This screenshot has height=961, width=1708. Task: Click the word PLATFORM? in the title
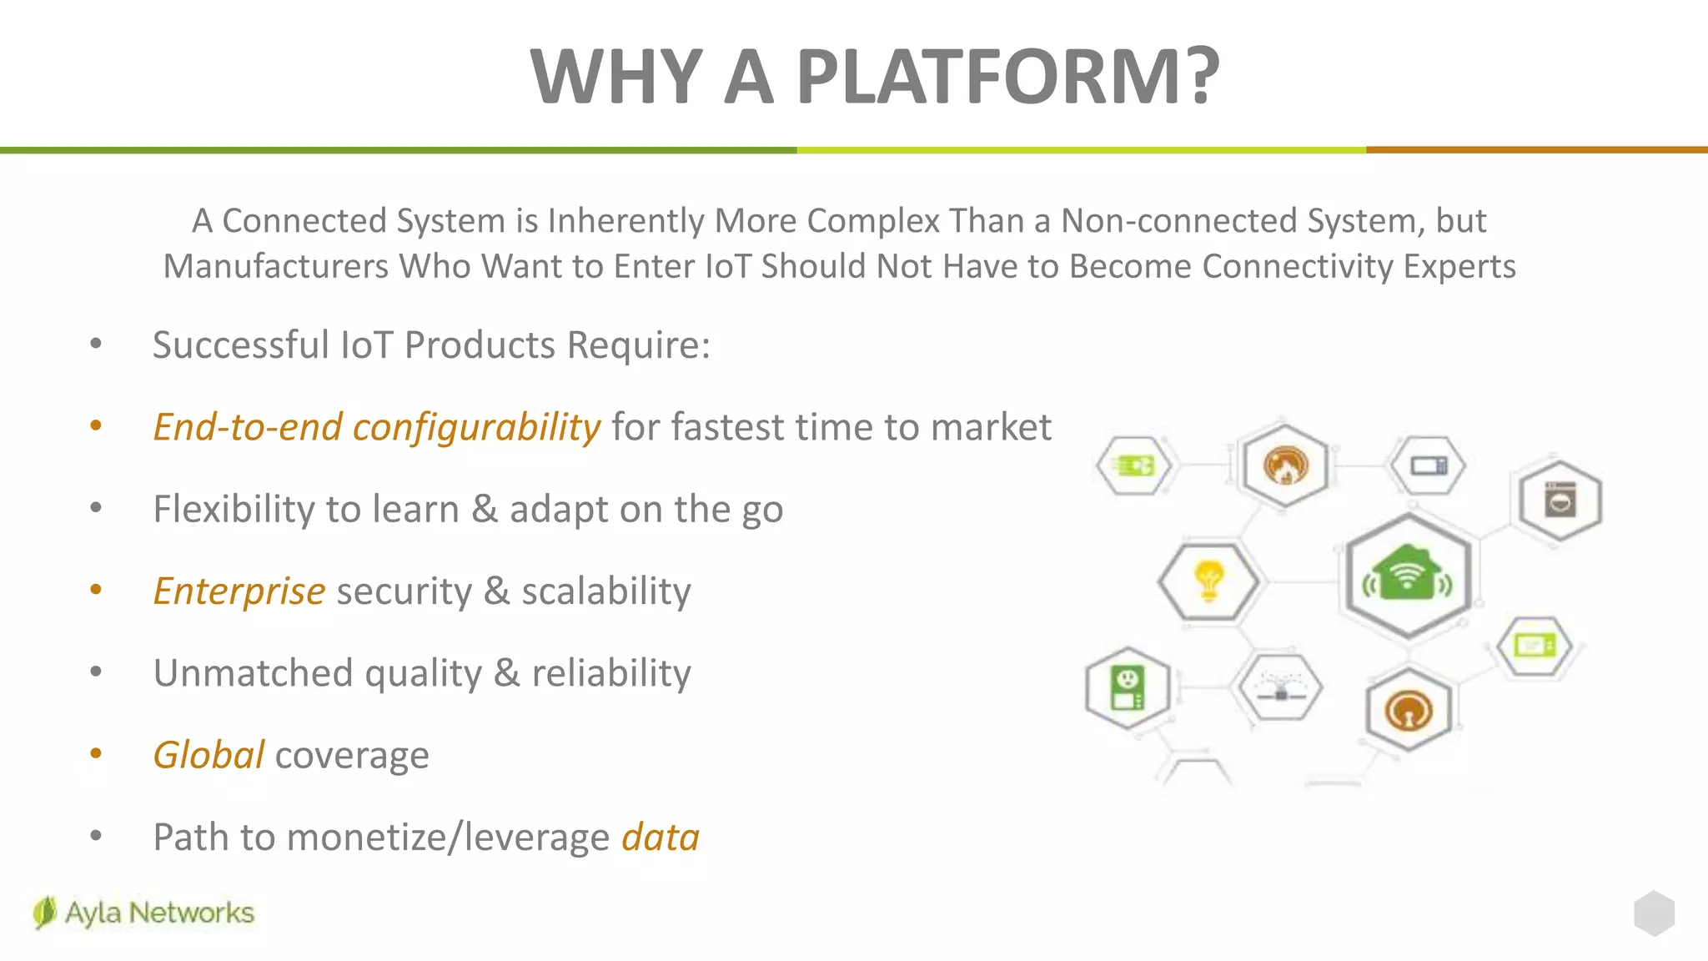(x=1007, y=77)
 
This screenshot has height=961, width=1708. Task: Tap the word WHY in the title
(x=616, y=77)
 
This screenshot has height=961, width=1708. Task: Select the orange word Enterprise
(x=239, y=591)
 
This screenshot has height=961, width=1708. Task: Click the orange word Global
(x=209, y=755)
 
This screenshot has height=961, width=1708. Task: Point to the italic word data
(x=661, y=837)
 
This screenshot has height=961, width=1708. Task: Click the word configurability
(x=476, y=427)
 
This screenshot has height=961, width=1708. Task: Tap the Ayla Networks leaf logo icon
(x=44, y=913)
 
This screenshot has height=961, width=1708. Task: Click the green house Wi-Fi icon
(x=1409, y=575)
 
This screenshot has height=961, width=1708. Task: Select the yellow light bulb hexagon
(x=1209, y=581)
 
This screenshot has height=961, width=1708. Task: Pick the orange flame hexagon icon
(x=1285, y=465)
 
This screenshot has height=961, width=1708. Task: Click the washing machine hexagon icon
(x=1560, y=501)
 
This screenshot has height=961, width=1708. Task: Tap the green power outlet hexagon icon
(x=1128, y=688)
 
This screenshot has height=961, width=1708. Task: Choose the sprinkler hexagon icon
(x=1281, y=688)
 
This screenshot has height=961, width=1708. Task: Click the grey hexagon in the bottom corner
(x=1654, y=913)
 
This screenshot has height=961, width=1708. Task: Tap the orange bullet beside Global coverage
(x=96, y=754)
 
